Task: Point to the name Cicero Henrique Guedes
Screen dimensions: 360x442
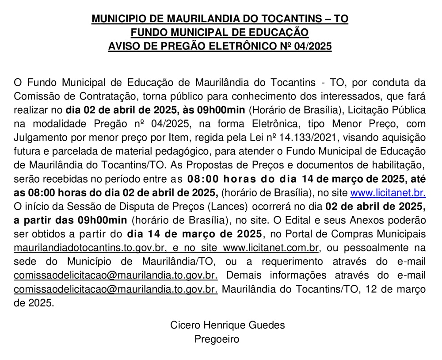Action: (228, 325)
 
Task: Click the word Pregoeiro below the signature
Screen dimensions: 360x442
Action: (217, 339)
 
